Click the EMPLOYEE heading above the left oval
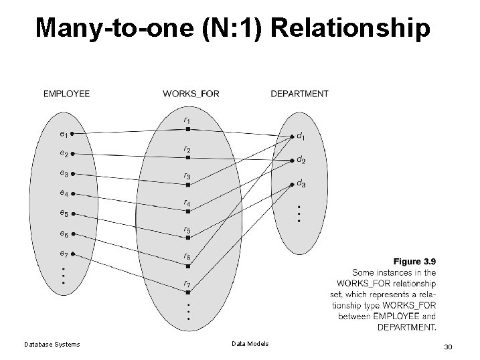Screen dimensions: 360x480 (x=66, y=94)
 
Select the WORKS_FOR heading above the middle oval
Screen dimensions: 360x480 (x=191, y=94)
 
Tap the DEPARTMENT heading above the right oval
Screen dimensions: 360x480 (x=299, y=94)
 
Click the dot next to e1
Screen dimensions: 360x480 (x=72, y=134)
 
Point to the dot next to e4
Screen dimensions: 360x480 (x=72, y=194)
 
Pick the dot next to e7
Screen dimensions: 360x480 (x=72, y=254)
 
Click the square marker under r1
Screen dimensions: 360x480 (x=189, y=129)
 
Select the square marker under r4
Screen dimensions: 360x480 (x=189, y=211)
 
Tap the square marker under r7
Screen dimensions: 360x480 (x=189, y=292)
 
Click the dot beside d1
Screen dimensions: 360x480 (x=293, y=137)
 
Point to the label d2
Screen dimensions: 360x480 (x=301, y=161)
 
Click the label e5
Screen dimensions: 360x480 (x=63, y=213)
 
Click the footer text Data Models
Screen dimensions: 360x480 (x=250, y=344)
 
